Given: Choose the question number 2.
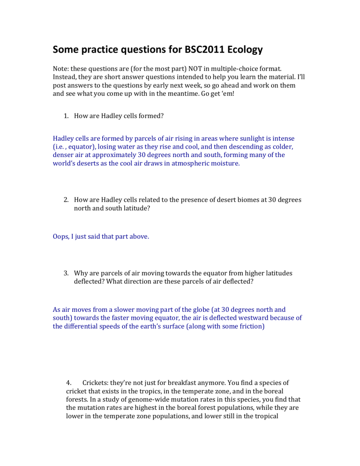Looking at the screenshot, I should point(67,200).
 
